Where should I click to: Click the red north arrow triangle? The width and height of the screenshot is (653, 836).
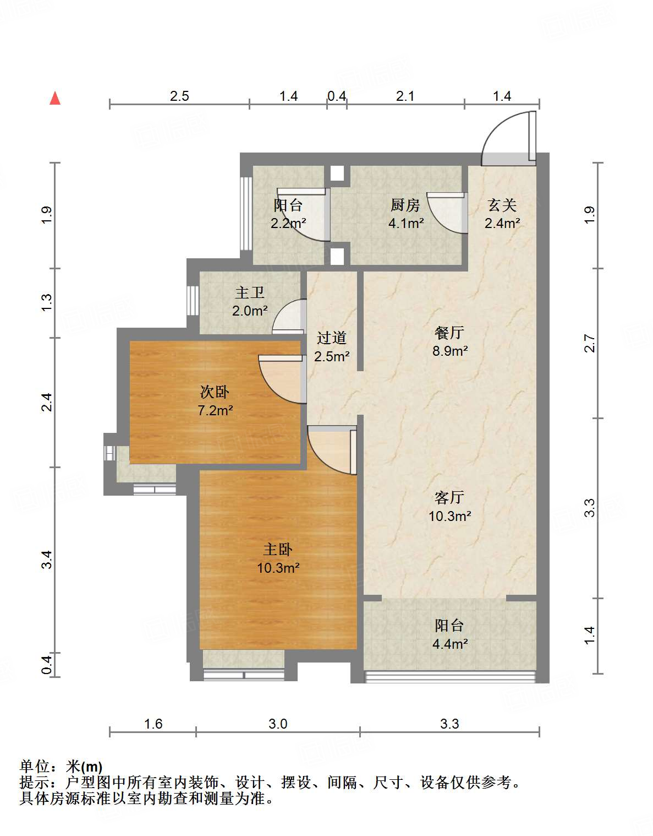55,99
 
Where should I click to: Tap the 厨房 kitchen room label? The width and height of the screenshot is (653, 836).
405,205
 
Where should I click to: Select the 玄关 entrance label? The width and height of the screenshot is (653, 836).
502,205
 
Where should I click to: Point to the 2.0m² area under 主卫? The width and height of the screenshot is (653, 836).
250,311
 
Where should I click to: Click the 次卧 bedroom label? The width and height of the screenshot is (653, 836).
215,392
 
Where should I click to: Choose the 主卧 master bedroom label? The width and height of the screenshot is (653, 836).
278,549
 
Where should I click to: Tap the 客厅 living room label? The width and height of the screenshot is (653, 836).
449,497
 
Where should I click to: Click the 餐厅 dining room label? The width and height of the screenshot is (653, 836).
449,333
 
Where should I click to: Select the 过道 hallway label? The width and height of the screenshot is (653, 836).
332,338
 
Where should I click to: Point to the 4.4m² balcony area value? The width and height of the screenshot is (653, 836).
450,644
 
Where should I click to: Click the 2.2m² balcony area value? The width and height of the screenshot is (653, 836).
288,224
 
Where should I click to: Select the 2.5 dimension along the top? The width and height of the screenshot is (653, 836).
179,96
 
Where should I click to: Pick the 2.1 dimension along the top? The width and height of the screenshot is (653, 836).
405,96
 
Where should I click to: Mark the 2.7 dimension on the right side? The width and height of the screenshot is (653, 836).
590,344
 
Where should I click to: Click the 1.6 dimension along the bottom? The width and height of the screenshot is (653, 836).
153,724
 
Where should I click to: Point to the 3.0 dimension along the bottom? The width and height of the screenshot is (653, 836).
278,724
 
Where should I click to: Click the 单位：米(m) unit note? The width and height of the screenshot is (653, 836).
61,766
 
